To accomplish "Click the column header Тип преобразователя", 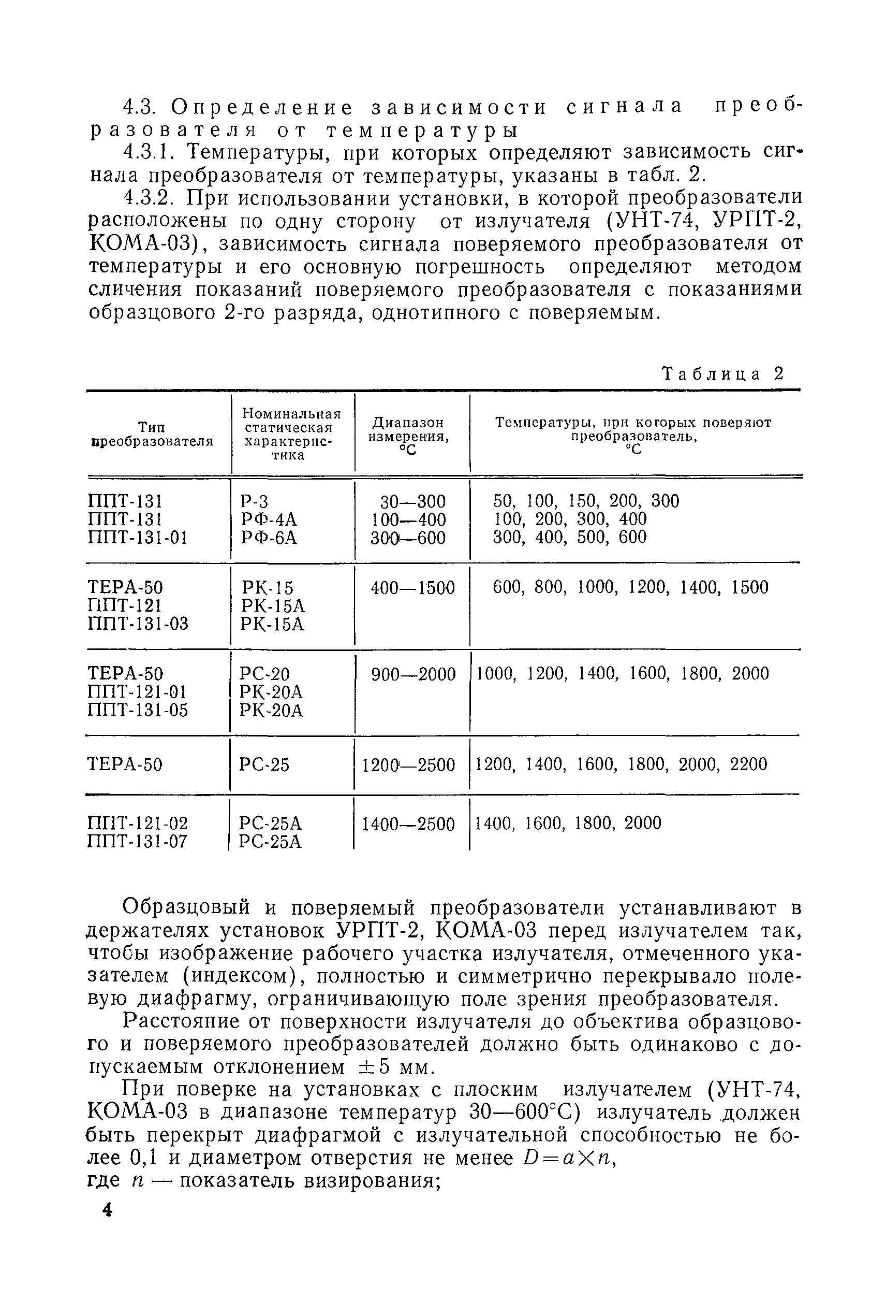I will click(x=152, y=433).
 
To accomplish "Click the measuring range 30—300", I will click(x=412, y=501).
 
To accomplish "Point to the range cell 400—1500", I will click(x=412, y=588).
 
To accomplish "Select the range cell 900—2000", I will click(x=413, y=674).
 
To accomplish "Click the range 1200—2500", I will click(x=408, y=765).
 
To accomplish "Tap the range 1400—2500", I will click(x=408, y=823).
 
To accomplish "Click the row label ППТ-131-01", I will click(x=137, y=538).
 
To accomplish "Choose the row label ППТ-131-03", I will click(x=138, y=624).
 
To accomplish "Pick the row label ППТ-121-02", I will click(x=138, y=823).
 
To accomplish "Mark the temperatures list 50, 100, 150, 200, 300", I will click(x=586, y=501).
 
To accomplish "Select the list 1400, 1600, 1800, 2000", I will click(x=568, y=823).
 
